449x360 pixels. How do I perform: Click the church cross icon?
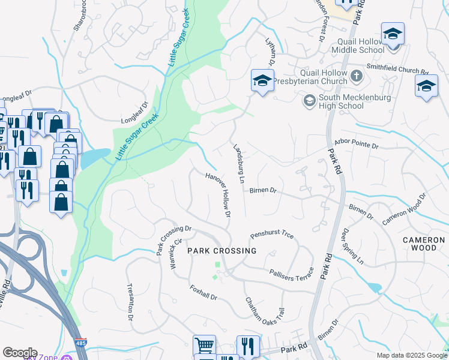pyautogui.click(x=357, y=76)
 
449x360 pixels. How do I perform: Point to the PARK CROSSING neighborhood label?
pyautogui.click(x=221, y=251)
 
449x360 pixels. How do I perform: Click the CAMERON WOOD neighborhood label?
pyautogui.click(x=423, y=244)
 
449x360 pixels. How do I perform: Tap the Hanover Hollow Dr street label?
pyautogui.click(x=218, y=196)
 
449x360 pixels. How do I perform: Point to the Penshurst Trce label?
pyautogui.click(x=272, y=234)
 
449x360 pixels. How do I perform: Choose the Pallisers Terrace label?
pyautogui.click(x=292, y=273)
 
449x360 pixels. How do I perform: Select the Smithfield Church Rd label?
pyautogui.click(x=397, y=70)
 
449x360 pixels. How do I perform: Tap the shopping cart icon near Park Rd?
pyautogui.click(x=204, y=346)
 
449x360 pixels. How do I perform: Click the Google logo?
pyautogui.click(x=20, y=353)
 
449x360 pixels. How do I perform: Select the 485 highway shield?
pyautogui.click(x=80, y=343)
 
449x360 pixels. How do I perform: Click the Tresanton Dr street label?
pyautogui.click(x=130, y=303)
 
